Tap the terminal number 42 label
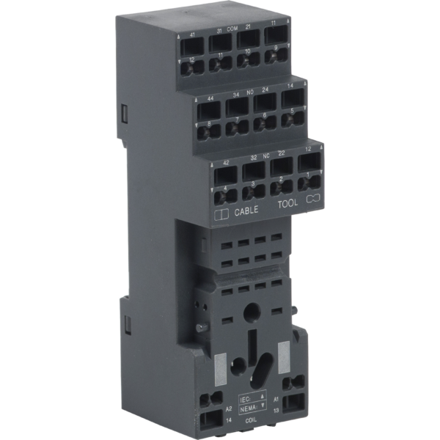[226, 163]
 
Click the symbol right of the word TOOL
[313, 199]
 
